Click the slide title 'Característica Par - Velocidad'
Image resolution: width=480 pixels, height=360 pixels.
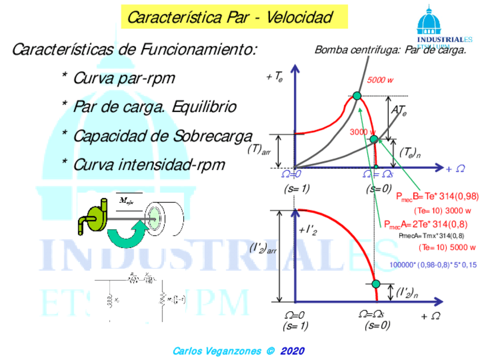click(x=230, y=16)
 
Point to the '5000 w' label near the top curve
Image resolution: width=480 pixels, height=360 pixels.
click(x=380, y=80)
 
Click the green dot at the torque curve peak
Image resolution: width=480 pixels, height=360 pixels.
click(x=357, y=96)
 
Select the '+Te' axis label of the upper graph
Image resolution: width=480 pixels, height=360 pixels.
click(x=275, y=77)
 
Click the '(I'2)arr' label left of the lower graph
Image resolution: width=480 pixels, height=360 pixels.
click(x=263, y=248)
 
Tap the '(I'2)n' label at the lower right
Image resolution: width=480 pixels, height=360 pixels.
click(x=407, y=293)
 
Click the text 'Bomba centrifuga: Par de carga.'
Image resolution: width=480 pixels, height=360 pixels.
click(x=390, y=50)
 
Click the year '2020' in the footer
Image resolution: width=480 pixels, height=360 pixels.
click(x=292, y=350)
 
